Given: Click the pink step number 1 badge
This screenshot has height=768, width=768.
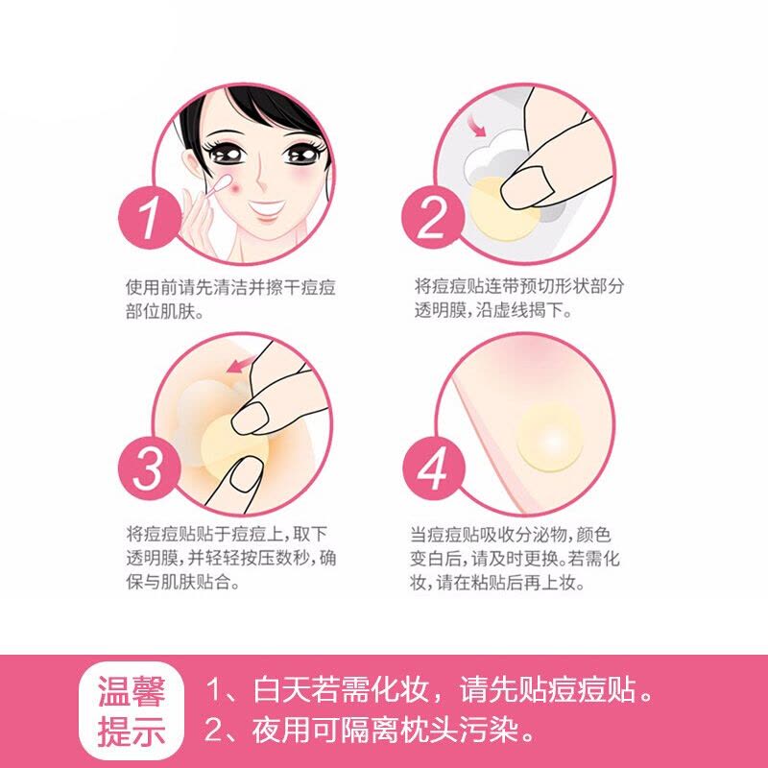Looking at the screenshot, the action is click(150, 217).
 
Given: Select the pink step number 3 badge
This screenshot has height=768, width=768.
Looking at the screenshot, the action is click(150, 468).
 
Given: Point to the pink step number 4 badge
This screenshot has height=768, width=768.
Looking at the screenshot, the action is click(434, 468).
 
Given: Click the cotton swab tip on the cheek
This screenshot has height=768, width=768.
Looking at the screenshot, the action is click(225, 182).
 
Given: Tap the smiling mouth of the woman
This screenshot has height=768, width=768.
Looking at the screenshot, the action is click(267, 209).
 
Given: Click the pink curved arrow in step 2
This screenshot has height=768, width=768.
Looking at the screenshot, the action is click(475, 126).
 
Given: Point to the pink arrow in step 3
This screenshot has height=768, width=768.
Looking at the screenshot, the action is click(242, 364).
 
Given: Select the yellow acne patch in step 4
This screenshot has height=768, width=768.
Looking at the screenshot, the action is click(549, 437).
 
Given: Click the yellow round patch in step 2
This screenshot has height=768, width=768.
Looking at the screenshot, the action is click(502, 209).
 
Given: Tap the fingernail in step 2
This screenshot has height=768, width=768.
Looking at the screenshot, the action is click(526, 186).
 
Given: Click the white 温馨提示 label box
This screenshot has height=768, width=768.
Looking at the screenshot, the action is click(132, 710).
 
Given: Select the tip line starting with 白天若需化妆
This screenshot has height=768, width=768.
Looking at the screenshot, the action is click(429, 689).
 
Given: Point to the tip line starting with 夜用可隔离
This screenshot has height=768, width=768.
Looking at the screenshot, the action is click(370, 731).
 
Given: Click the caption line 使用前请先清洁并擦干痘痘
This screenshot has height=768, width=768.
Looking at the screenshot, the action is click(230, 287).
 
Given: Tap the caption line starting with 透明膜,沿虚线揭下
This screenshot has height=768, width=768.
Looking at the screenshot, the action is click(493, 310).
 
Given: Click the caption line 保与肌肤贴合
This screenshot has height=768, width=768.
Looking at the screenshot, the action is click(182, 582).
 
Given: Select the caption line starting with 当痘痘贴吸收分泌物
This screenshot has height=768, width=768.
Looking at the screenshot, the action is click(511, 535).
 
